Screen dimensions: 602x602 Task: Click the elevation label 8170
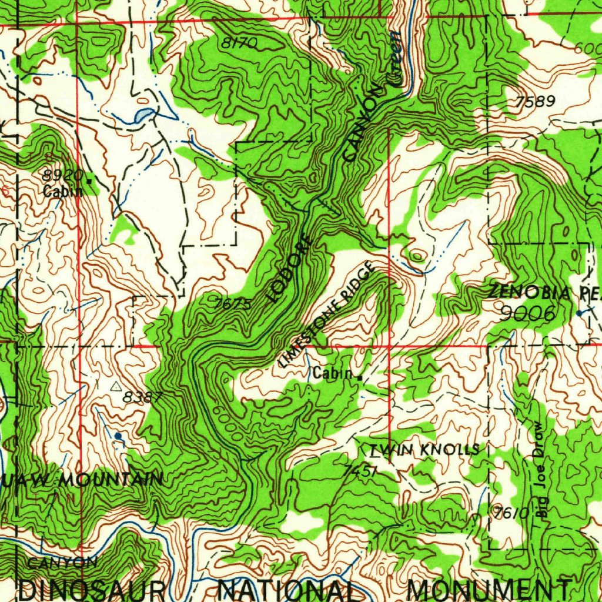239,42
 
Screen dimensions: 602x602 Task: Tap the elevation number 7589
534,102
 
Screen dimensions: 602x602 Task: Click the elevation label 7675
233,304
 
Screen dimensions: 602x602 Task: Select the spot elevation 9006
527,313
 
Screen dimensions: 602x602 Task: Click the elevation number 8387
142,397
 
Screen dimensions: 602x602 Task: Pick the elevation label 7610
509,513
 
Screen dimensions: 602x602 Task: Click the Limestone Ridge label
327,315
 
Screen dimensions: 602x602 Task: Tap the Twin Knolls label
423,450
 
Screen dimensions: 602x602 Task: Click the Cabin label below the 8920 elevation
62,190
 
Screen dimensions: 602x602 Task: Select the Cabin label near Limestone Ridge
333,373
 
